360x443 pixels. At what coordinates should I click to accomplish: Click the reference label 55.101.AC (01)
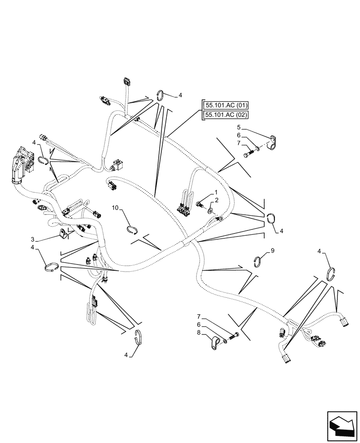226,105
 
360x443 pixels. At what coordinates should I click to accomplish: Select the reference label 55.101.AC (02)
226,115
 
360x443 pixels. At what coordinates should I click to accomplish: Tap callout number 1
216,193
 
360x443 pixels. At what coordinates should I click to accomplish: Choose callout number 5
238,127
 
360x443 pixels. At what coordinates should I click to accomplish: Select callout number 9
273,251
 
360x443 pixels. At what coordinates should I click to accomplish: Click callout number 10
114,207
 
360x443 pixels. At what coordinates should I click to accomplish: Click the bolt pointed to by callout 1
200,204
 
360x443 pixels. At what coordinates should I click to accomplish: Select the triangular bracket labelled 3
63,233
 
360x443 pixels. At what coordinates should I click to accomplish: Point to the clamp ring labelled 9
259,261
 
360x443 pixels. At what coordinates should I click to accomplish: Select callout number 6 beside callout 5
238,135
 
